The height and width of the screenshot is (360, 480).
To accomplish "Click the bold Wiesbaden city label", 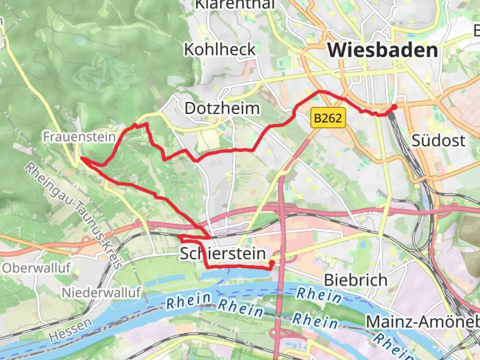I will [382, 50].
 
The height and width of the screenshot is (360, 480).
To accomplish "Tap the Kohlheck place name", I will [220, 50].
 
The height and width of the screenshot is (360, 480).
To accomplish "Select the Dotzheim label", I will [222, 108].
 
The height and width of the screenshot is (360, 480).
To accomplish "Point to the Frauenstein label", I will [79, 137].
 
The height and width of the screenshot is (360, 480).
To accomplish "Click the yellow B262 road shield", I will [328, 118].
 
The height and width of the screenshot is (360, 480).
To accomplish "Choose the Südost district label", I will [438, 140].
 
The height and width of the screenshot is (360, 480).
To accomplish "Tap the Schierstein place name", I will [223, 254].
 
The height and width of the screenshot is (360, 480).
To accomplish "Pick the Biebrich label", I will [356, 280].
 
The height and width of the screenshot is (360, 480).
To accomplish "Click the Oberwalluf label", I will [36, 268].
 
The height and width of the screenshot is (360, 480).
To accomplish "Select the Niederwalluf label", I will [101, 293].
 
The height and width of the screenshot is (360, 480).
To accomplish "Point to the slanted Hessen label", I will [70, 330].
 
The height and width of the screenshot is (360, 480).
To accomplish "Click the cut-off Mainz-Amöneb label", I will [423, 322].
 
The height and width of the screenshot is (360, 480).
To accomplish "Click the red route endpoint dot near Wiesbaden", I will [394, 107].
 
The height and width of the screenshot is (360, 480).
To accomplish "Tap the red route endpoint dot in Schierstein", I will [272, 263].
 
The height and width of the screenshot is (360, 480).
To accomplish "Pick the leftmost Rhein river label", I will [189, 300].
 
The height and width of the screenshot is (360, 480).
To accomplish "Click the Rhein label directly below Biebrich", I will [319, 295].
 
